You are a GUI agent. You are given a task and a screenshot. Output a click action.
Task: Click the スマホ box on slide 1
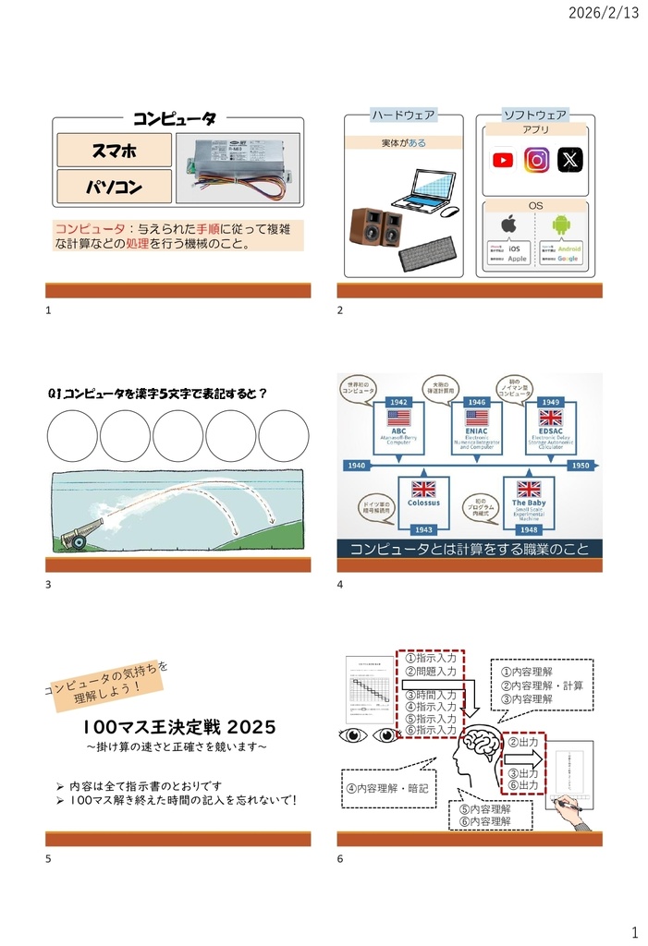(115, 150)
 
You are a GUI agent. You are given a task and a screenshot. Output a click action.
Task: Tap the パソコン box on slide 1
(115, 188)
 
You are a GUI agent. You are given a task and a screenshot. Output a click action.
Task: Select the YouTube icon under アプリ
(503, 160)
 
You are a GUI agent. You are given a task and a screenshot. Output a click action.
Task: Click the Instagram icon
(537, 160)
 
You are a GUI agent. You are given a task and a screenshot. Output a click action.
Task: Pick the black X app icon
(572, 160)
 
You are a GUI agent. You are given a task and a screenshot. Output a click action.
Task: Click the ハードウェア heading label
(403, 115)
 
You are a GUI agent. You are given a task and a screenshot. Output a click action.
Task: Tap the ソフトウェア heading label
(535, 115)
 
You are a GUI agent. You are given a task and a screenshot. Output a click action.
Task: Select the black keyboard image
(427, 252)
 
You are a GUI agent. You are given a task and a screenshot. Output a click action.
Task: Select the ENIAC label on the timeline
(476, 431)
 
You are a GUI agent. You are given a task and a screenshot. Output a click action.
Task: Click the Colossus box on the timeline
(423, 503)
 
